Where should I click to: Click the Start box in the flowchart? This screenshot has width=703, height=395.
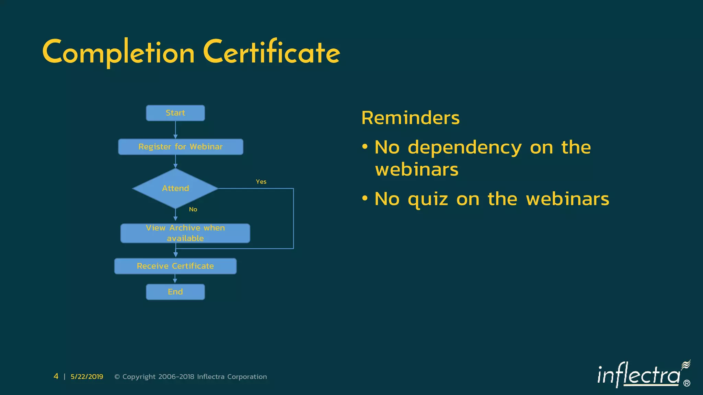[x=175, y=113]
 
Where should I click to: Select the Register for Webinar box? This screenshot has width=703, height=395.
[x=181, y=147]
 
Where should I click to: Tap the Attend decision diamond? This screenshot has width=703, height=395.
[x=175, y=188]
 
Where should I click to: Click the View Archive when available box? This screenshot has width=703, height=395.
[x=185, y=233]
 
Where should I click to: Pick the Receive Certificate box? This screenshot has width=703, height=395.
[x=175, y=266]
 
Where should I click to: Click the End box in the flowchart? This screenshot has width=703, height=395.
[x=175, y=292]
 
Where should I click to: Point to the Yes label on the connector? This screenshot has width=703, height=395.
[x=261, y=182]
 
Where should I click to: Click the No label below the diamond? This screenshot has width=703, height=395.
[x=193, y=210]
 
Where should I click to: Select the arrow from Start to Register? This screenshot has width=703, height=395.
[x=175, y=130]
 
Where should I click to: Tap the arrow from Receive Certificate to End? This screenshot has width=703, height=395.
[x=175, y=279]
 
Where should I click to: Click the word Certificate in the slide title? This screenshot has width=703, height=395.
[x=271, y=52]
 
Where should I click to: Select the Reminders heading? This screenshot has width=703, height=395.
[x=410, y=118]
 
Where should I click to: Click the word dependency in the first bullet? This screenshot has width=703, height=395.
[x=465, y=148]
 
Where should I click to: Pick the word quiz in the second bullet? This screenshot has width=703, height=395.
[x=428, y=199]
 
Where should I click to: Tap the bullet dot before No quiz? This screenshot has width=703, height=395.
[x=365, y=198]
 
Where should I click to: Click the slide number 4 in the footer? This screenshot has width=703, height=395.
[x=56, y=376]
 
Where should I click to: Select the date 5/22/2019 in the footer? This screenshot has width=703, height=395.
[x=87, y=376]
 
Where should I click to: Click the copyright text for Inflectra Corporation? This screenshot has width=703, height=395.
[x=191, y=376]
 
